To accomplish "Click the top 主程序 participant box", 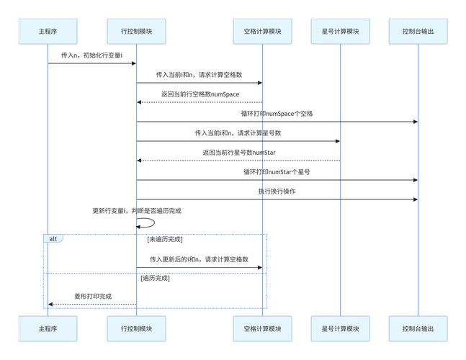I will pos(48,31).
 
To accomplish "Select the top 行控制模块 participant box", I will pos(136,31).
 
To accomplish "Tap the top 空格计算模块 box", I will pos(262,31).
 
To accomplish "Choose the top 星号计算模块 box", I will pos(340,31).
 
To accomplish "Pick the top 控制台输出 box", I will pos(418,31).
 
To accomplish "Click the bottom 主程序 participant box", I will pos(48,328).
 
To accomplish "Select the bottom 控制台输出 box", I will pos(418,328).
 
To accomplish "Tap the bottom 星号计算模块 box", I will pos(340,328).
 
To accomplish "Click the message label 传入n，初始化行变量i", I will pos(92,55).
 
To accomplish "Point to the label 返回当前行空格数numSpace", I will pos(200,94).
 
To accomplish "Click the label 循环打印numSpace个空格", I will pos(277,114).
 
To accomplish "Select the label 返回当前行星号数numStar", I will pos(238,153).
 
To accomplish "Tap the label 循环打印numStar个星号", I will pos(277,172).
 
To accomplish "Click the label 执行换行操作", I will pos(277,192).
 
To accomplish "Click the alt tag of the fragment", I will pos(53,238).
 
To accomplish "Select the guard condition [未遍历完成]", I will pos(164,239).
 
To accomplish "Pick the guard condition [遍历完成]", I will pos(155,278).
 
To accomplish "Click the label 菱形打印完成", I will pos(93,296).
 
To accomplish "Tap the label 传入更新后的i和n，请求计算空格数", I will pos(200,259).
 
